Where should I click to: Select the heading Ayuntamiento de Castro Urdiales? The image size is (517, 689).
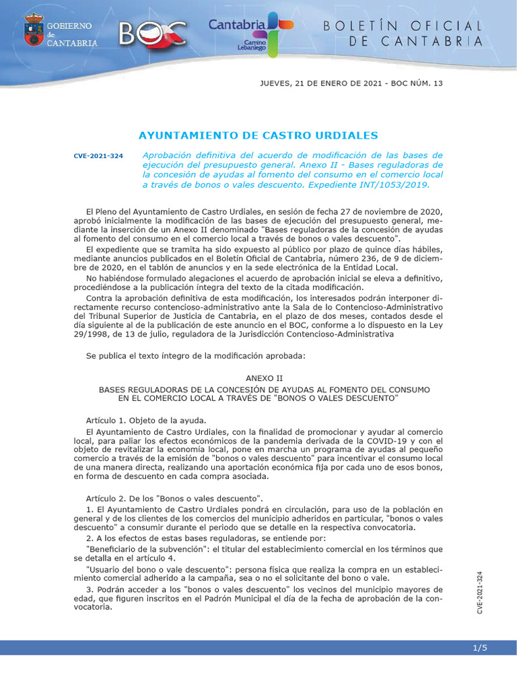click(258, 135)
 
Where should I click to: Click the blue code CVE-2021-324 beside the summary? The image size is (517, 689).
click(98, 156)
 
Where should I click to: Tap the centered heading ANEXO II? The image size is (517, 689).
click(258, 379)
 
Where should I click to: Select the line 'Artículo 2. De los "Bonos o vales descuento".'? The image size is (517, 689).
click(174, 499)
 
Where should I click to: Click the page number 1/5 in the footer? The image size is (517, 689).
click(480, 648)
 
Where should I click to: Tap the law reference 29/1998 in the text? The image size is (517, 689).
click(90, 333)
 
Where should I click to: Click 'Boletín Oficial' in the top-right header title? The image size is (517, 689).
click(403, 26)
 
